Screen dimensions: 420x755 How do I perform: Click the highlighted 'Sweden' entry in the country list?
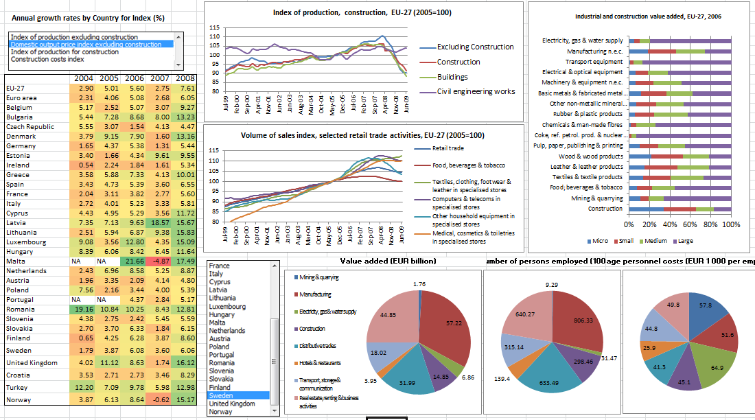[x=221, y=395]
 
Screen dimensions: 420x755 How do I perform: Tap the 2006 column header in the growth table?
[x=135, y=78]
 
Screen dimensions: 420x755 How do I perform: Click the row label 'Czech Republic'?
[x=30, y=127]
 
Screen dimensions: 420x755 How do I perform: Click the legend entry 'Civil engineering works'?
[x=476, y=91]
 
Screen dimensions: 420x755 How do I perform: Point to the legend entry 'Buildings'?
[x=452, y=77]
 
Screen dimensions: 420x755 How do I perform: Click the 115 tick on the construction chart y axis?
[x=214, y=27]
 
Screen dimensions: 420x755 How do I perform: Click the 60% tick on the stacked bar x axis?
[x=690, y=224]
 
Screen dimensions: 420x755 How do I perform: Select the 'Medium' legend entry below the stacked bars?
[x=655, y=241]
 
